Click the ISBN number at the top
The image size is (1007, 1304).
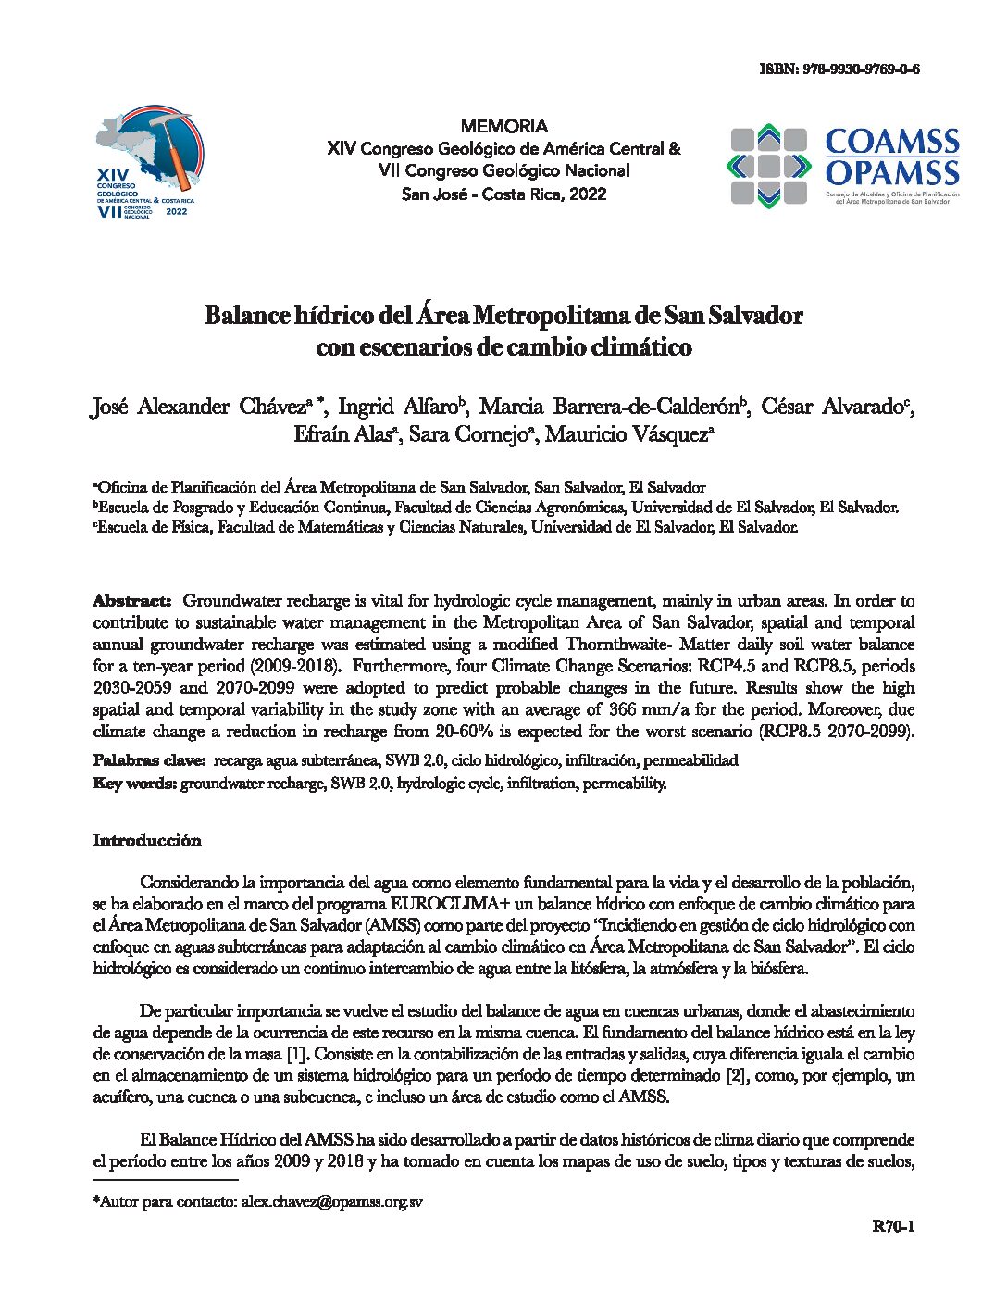coord(839,69)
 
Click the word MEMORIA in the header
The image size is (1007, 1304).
coord(503,126)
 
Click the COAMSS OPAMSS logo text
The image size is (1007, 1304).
coord(891,157)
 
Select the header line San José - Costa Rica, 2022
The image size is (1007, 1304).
coord(503,194)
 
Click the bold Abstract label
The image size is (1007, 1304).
coord(131,600)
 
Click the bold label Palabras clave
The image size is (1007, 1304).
coord(149,760)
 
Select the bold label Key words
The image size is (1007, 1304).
coord(135,783)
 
